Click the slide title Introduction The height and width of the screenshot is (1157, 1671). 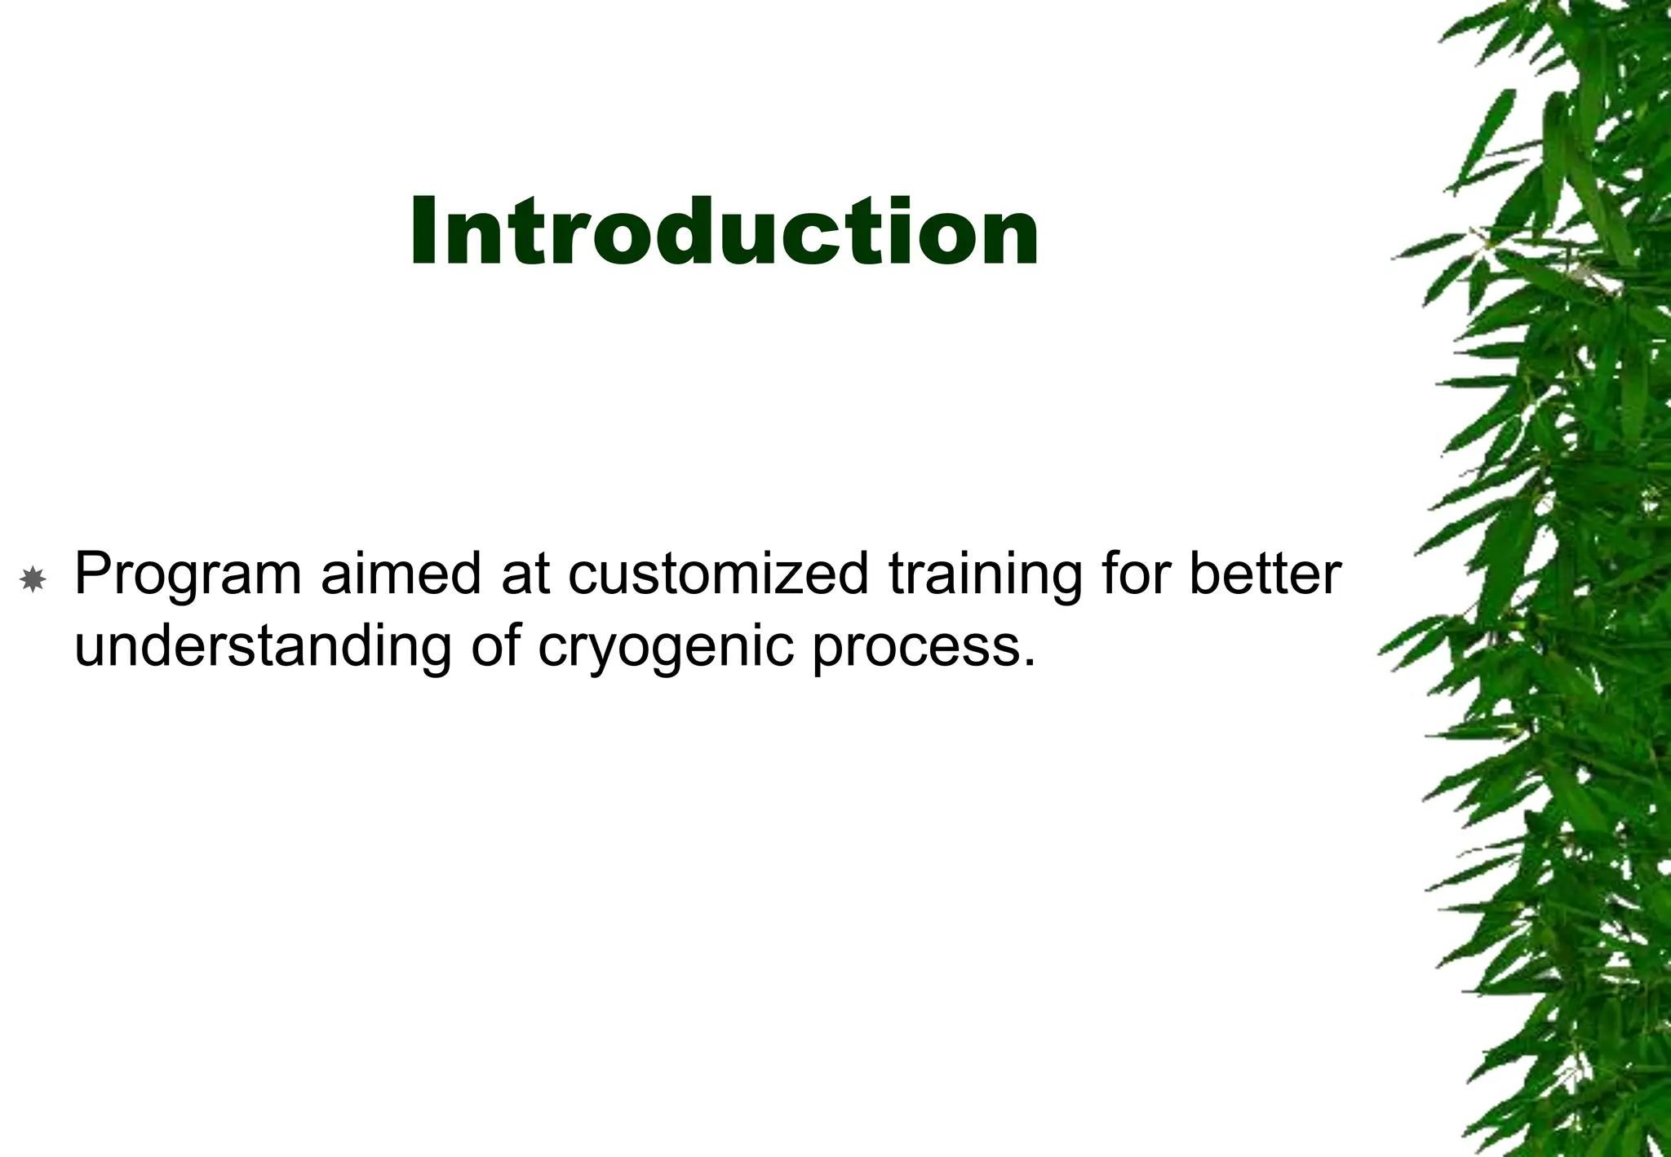point(724,233)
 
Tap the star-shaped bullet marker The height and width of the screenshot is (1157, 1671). point(33,580)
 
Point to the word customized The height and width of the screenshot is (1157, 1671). point(718,574)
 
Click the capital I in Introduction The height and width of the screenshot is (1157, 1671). point(423,233)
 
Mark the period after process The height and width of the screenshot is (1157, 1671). point(1029,663)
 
